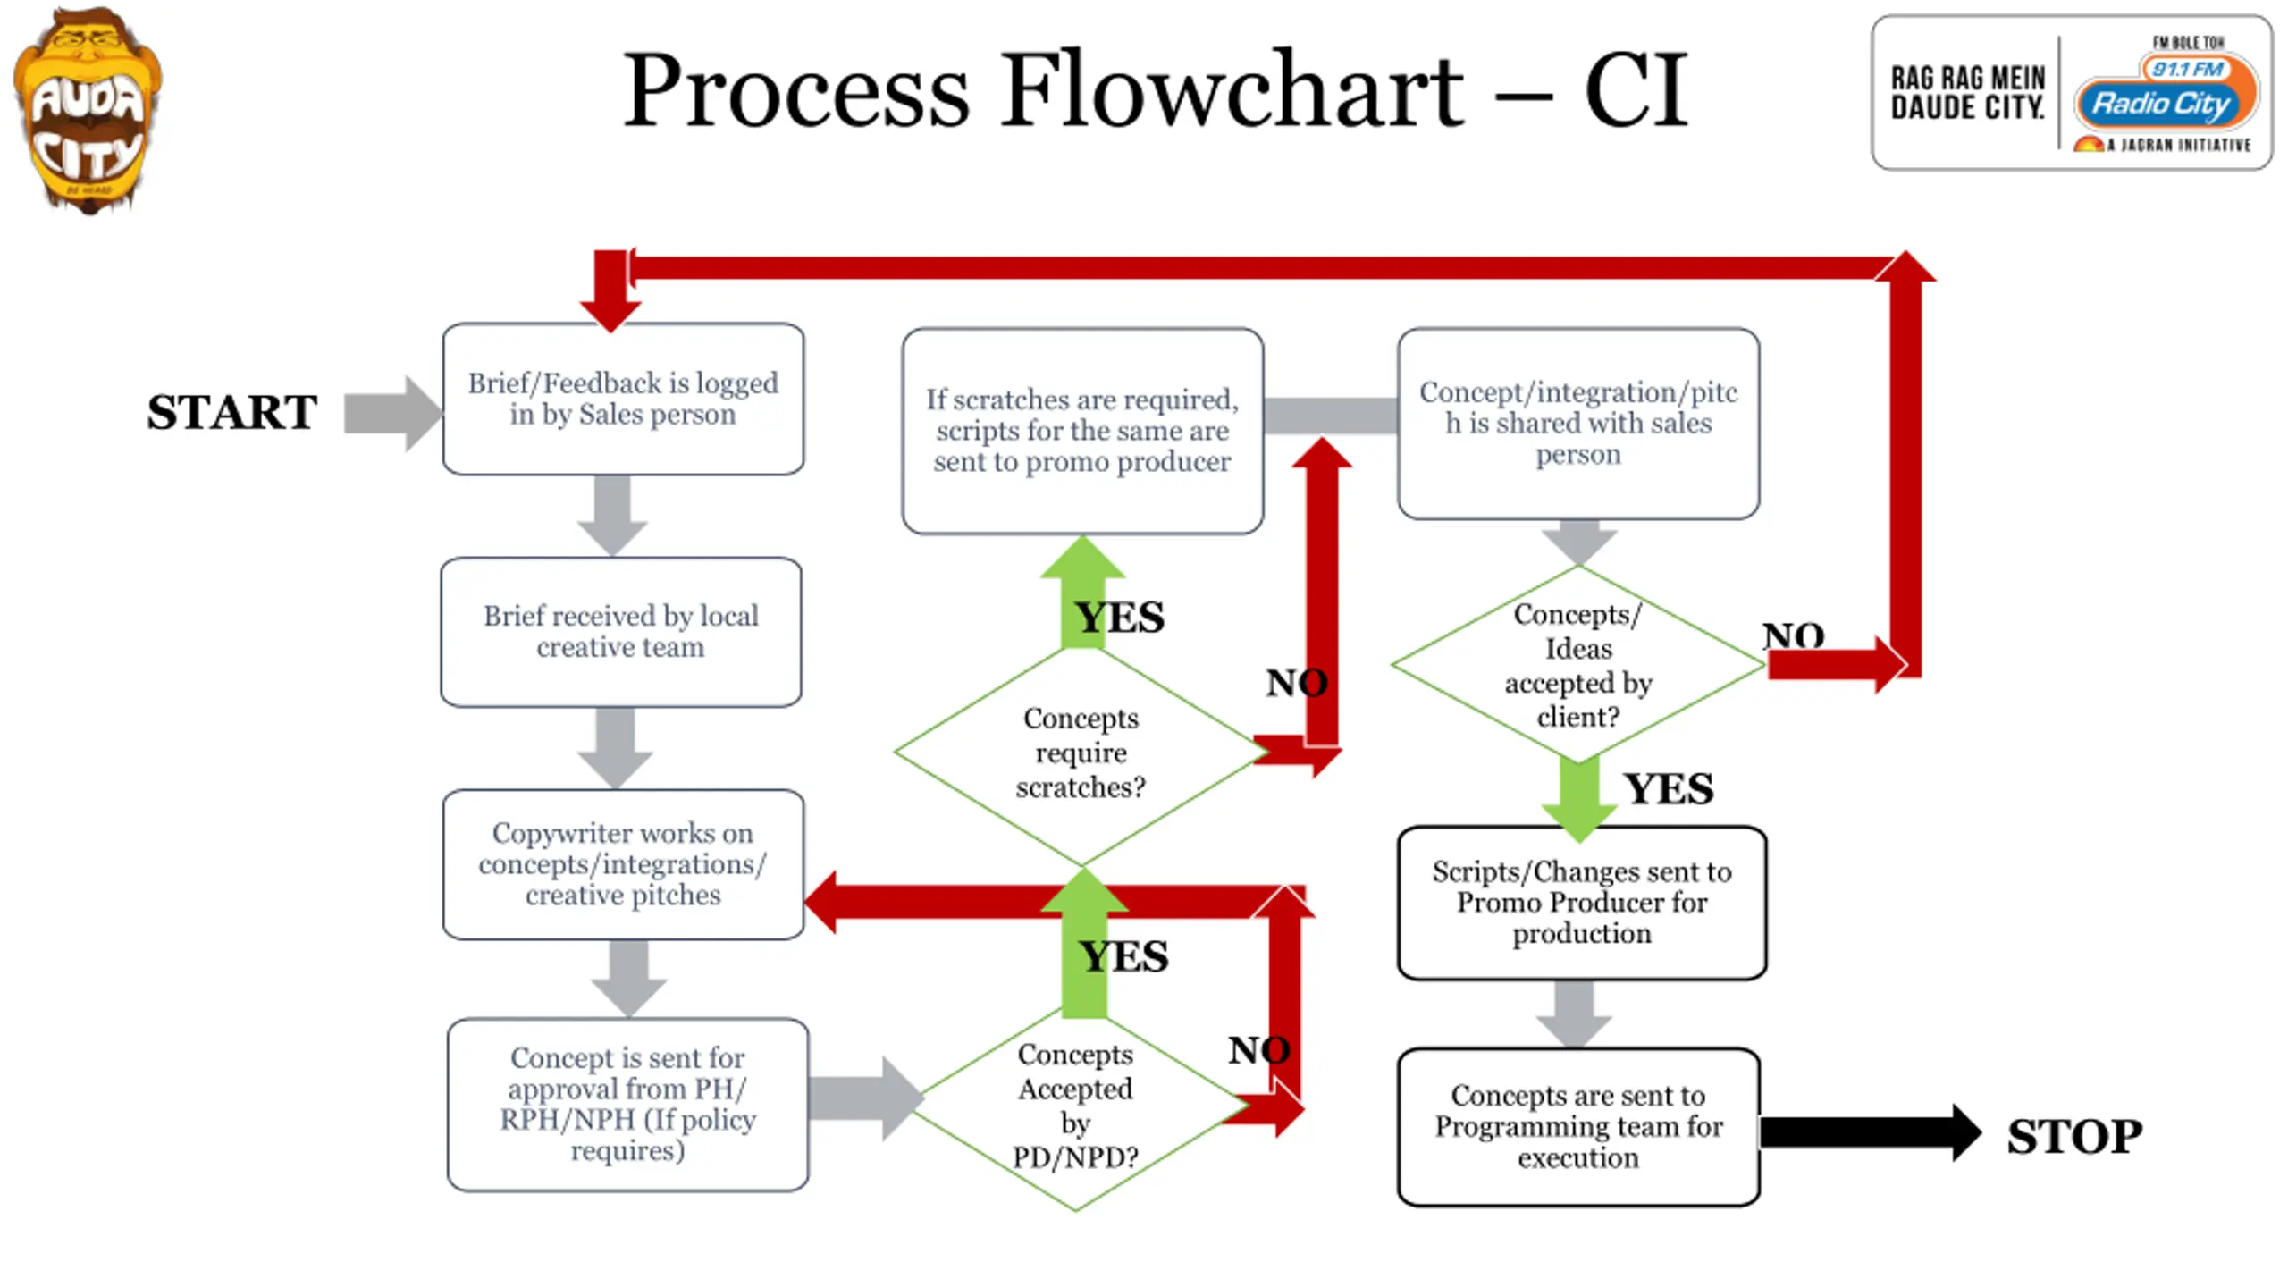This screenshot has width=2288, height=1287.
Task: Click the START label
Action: pyautogui.click(x=231, y=413)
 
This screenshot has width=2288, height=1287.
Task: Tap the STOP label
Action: pyautogui.click(x=2074, y=1137)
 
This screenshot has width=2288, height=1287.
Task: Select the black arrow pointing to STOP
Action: pyautogui.click(x=1871, y=1132)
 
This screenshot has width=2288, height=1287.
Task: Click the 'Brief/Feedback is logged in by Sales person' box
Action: pyautogui.click(x=623, y=400)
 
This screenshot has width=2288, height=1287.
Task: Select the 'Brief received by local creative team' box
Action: pyautogui.click(x=621, y=632)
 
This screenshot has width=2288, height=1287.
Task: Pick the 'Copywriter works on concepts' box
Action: pyautogui.click(x=623, y=864)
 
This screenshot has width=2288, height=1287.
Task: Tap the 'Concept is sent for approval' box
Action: pyautogui.click(x=627, y=1105)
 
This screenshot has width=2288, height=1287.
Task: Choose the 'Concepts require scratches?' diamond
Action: pyautogui.click(x=1081, y=753)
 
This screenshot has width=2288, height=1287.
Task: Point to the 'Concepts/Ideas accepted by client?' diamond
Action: pyautogui.click(x=1578, y=665)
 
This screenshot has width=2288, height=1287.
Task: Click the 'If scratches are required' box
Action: pyautogui.click(x=1082, y=431)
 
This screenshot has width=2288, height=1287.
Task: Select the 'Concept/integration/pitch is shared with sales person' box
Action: pyautogui.click(x=1578, y=424)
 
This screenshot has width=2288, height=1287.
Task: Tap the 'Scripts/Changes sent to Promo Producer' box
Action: pyautogui.click(x=1582, y=903)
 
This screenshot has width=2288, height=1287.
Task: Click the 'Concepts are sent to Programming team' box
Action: pyautogui.click(x=1578, y=1127)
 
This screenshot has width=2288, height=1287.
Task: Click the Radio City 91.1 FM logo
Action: pyautogui.click(x=2072, y=92)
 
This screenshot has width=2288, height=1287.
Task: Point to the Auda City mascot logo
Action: pyautogui.click(x=88, y=109)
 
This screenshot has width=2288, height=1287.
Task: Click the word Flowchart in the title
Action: pyautogui.click(x=1232, y=90)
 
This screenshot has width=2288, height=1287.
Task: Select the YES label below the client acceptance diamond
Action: pyautogui.click(x=1669, y=789)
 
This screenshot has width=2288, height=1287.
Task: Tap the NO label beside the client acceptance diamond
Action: pyautogui.click(x=1793, y=635)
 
